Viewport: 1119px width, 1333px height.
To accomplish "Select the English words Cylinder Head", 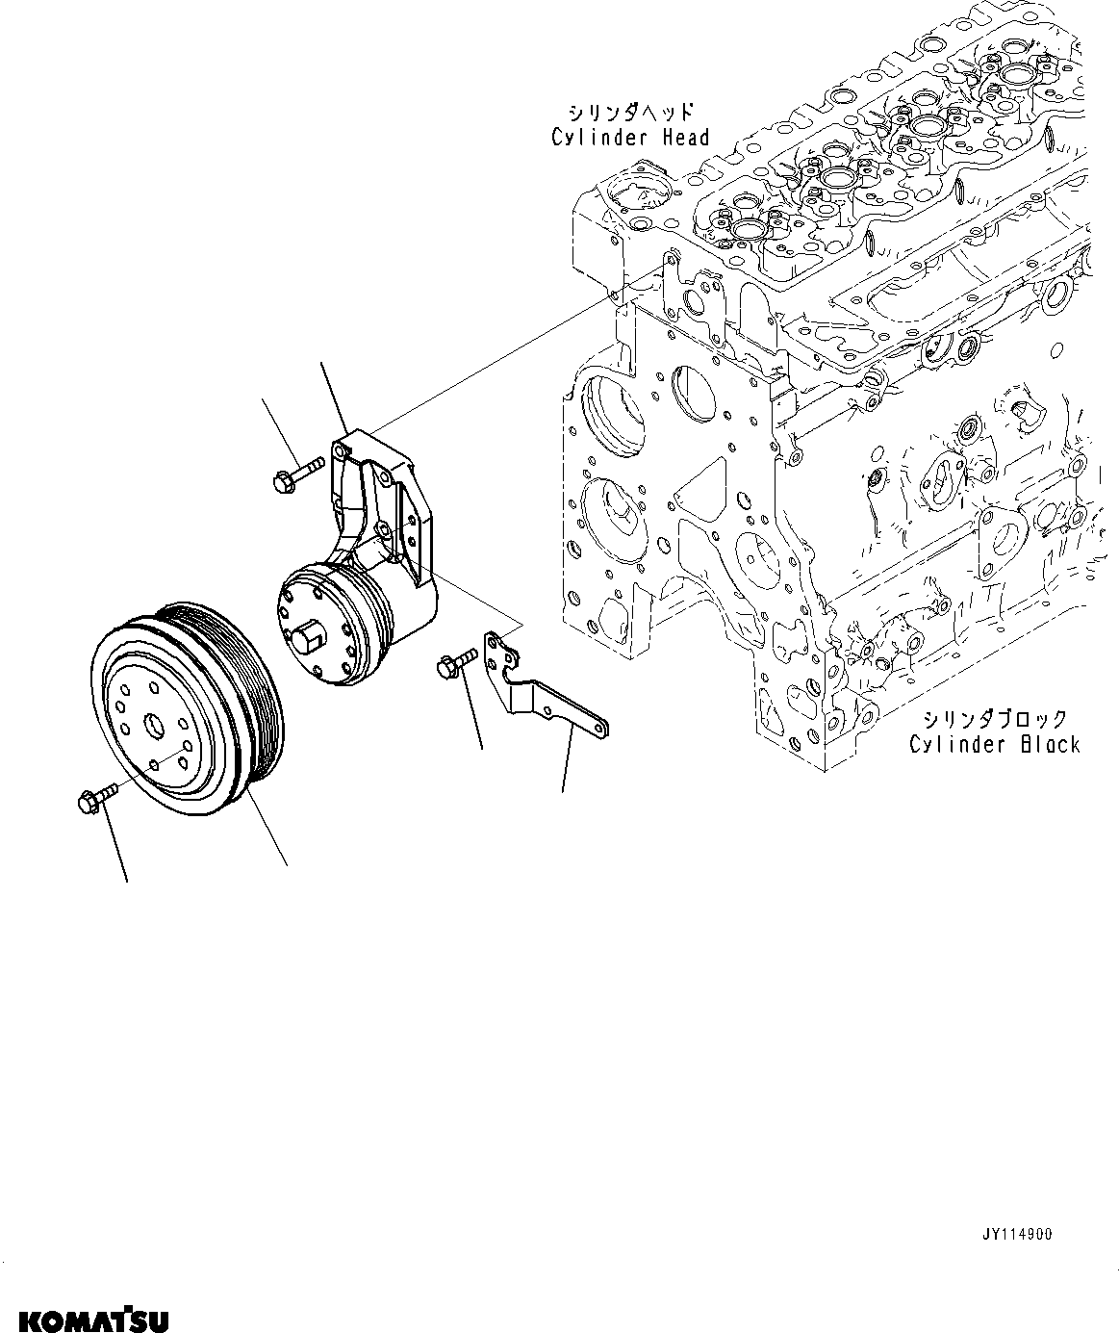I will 630,138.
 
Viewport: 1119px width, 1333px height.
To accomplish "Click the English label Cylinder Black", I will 995,744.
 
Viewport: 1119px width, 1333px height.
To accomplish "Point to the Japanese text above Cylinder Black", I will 995,719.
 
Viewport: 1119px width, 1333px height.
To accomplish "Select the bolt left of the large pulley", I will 93,797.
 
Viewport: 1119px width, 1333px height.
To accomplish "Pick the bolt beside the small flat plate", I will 456,661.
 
